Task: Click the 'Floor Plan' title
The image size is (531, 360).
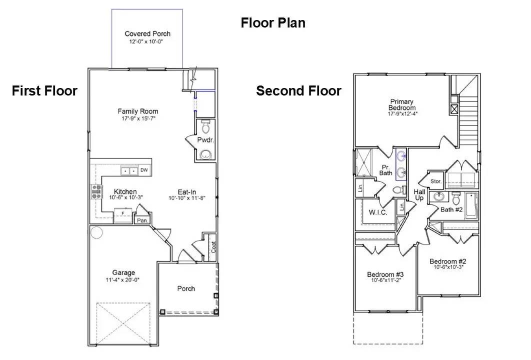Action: tap(273, 23)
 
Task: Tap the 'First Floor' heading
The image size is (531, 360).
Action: tap(44, 91)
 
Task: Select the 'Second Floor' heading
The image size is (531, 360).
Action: tap(298, 91)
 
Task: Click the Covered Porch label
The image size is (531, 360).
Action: tap(147, 33)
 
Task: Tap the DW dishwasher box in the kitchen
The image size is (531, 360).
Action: tap(144, 170)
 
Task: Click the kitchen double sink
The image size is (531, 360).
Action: tap(129, 171)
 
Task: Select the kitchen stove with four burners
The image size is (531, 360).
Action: tap(95, 192)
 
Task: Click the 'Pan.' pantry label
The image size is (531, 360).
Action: tap(142, 220)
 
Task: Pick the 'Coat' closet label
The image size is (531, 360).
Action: tap(213, 246)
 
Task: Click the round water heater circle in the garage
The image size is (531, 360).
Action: tap(96, 232)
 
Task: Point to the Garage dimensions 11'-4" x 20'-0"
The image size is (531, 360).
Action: tap(123, 280)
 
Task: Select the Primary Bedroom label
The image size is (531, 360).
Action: tap(402, 104)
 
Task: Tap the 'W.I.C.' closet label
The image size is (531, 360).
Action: tap(378, 212)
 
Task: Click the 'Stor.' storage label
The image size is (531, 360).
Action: tap(436, 180)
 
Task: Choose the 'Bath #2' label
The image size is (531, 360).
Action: tap(451, 209)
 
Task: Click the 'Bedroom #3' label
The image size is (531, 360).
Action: tap(385, 274)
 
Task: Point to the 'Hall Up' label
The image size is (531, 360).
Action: tap(419, 195)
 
